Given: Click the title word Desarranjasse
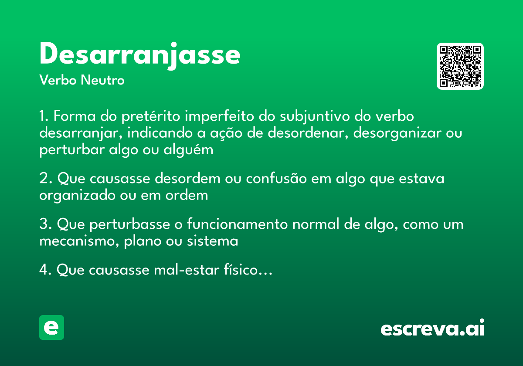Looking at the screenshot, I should point(139,55).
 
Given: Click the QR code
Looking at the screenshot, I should point(460,66).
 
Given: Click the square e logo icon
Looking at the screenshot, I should point(51,328).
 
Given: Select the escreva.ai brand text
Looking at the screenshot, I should point(432,329).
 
